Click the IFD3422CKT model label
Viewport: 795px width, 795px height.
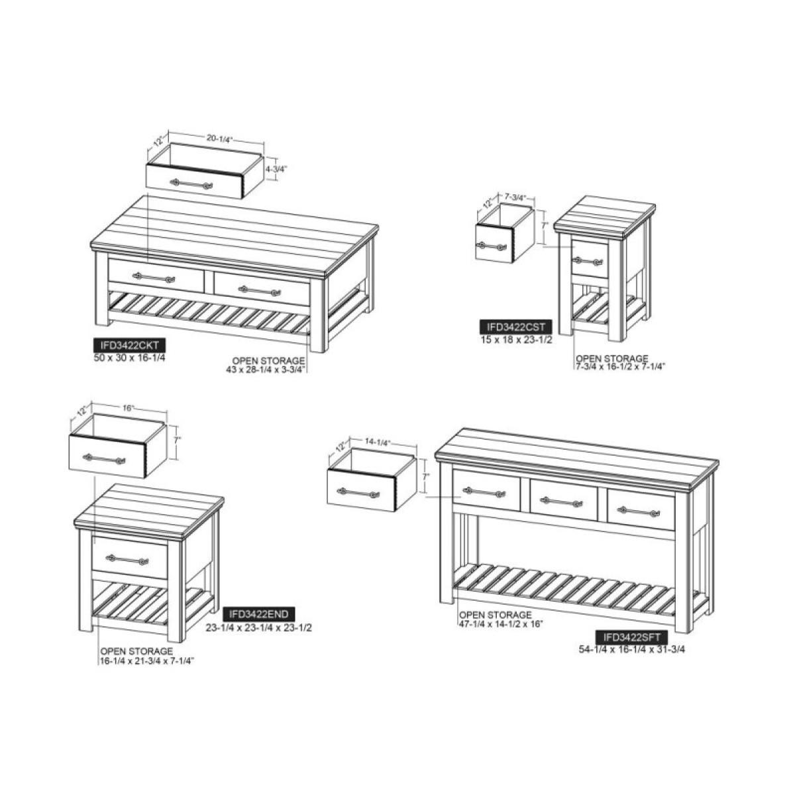(130, 345)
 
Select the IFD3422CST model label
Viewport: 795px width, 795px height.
(515, 327)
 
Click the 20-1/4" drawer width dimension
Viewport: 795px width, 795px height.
(219, 139)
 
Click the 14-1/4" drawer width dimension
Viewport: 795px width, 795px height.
(377, 443)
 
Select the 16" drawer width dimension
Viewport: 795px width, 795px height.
(129, 408)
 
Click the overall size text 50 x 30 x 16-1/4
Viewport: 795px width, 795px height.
(130, 358)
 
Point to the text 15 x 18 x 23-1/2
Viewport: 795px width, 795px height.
(516, 340)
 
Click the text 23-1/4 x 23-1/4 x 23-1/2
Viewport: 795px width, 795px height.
(258, 627)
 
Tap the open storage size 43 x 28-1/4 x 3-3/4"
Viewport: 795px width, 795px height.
(265, 370)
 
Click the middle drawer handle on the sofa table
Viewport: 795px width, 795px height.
(564, 502)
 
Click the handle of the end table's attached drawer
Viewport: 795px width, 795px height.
(127, 560)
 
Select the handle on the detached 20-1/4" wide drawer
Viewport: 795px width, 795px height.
(191, 183)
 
